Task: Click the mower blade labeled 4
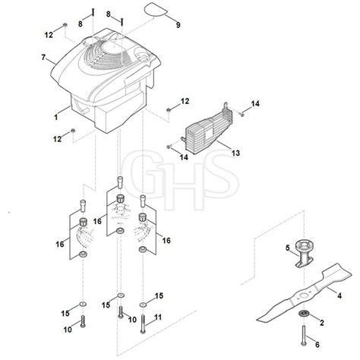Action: pos(304,295)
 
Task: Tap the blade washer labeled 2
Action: pos(302,314)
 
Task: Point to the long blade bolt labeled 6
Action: pos(303,335)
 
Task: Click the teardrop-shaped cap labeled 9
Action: pos(156,10)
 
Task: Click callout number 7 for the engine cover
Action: pos(43,58)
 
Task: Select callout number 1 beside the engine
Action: pos(56,117)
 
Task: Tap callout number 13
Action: pos(235,153)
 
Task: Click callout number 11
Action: pos(158,317)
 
